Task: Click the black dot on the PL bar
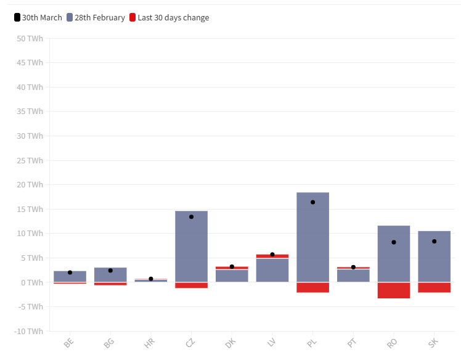pyautogui.click(x=313, y=202)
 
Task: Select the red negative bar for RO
pyautogui.click(x=394, y=290)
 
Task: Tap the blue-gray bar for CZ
pyautogui.click(x=192, y=246)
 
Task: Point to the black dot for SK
pyautogui.click(x=434, y=241)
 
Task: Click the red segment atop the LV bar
pyautogui.click(x=272, y=256)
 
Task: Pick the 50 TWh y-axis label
pyautogui.click(x=30, y=39)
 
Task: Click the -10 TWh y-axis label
pyautogui.click(x=28, y=331)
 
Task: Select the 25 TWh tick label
pyautogui.click(x=30, y=161)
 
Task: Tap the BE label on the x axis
pyautogui.click(x=68, y=343)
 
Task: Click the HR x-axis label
pyautogui.click(x=149, y=343)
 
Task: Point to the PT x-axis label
pyautogui.click(x=352, y=343)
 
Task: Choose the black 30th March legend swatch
pyautogui.click(x=17, y=17)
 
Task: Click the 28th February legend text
pyautogui.click(x=100, y=18)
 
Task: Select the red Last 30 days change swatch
pyautogui.click(x=133, y=17)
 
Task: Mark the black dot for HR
pyautogui.click(x=151, y=279)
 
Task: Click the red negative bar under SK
pyautogui.click(x=434, y=287)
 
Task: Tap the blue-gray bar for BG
pyautogui.click(x=110, y=275)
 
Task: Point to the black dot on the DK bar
pyautogui.click(x=232, y=266)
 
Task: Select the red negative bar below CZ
pyautogui.click(x=192, y=285)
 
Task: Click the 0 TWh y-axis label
pyautogui.click(x=32, y=283)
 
